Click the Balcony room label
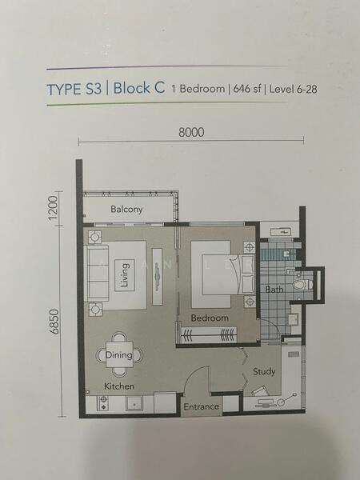click(x=126, y=210)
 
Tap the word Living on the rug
click(x=125, y=275)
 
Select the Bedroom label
click(x=210, y=318)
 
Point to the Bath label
click(x=274, y=290)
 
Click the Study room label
click(x=264, y=372)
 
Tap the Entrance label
click(x=201, y=407)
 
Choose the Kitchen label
click(x=119, y=386)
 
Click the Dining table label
click(x=119, y=355)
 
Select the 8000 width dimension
click(x=191, y=132)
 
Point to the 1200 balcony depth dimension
click(x=53, y=208)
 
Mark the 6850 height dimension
click(x=54, y=322)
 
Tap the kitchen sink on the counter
click(x=134, y=404)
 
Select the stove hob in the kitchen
click(x=103, y=403)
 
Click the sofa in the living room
click(x=97, y=273)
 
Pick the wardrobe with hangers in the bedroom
click(x=209, y=334)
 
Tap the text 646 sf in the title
click(x=247, y=89)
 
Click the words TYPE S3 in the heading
click(x=74, y=90)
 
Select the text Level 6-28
click(x=294, y=89)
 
